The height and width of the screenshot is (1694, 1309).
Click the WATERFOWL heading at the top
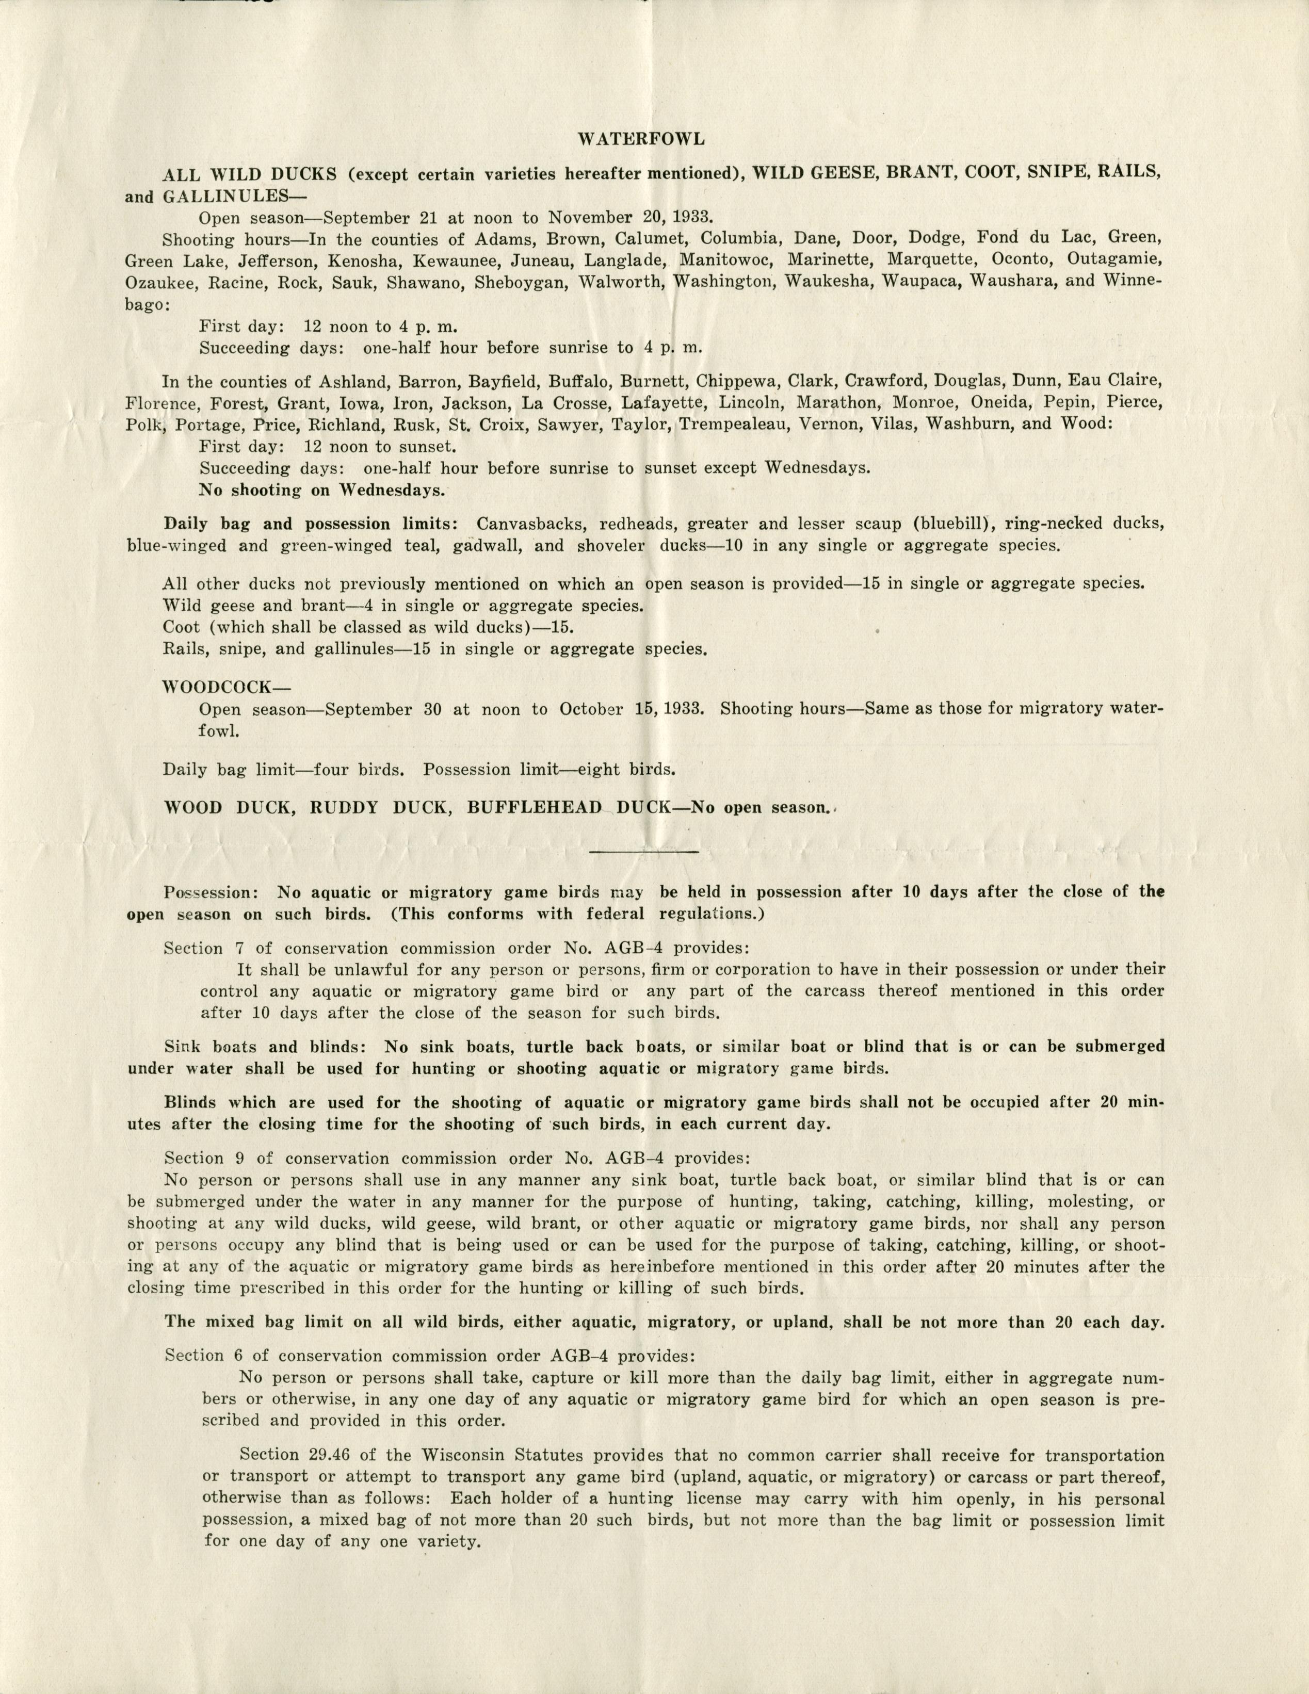(641, 140)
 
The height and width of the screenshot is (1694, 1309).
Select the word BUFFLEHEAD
(535, 807)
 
